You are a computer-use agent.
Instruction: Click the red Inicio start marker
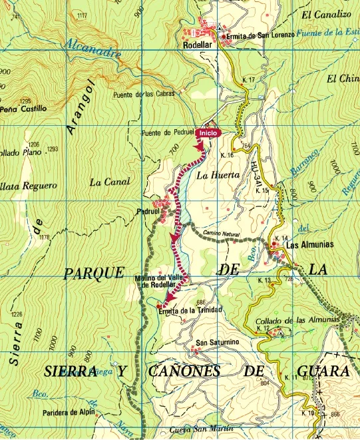[x=208, y=133]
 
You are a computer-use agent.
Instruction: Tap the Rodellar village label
[x=198, y=46]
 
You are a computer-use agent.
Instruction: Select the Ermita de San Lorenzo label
[x=260, y=35]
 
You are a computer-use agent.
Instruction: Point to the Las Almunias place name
[x=309, y=245]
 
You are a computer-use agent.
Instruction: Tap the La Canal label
[x=104, y=182]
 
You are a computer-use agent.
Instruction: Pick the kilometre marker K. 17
[x=250, y=80]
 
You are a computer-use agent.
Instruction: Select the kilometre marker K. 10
[x=307, y=413]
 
